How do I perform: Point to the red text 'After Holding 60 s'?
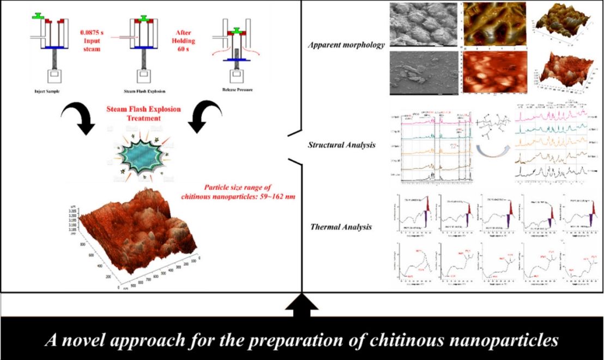coord(189,32)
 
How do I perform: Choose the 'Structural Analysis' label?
coord(341,145)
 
